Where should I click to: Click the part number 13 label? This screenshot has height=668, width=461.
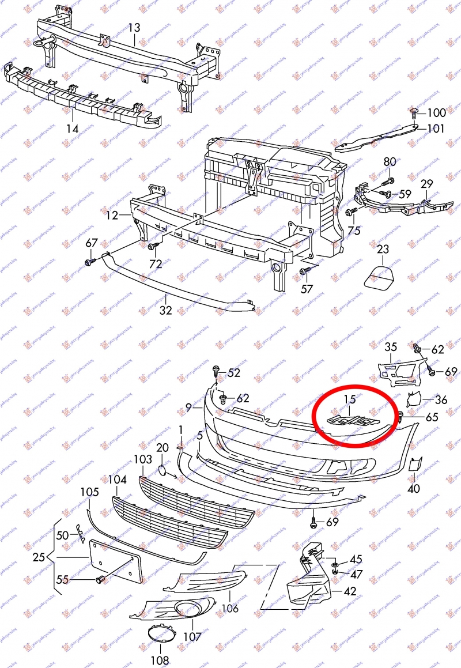134,27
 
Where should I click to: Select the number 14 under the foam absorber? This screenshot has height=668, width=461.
71,129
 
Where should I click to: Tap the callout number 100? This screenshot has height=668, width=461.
436,112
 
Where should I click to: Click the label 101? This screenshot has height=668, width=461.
436,129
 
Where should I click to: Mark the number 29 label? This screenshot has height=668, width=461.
426,184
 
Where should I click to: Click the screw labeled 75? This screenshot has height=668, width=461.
349,213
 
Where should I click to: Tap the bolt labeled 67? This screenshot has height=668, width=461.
90,262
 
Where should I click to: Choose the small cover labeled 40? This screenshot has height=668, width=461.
415,465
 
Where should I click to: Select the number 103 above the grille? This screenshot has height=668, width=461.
142,460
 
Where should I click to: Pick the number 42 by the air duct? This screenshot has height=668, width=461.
350,591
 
